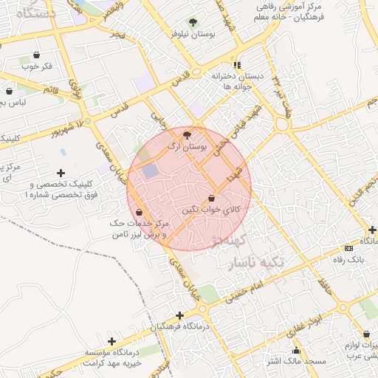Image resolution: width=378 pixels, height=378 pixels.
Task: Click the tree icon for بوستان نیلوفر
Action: click(x=193, y=23)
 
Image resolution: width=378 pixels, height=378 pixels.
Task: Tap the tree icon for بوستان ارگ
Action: click(x=186, y=135)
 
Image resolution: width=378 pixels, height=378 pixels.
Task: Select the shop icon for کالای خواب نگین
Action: click(x=213, y=198)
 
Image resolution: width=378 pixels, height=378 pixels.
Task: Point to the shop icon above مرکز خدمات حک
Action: click(x=139, y=213)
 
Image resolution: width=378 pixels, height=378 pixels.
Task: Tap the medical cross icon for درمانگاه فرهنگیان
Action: click(x=180, y=315)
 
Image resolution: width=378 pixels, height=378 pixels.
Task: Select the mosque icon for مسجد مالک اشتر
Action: click(x=297, y=350)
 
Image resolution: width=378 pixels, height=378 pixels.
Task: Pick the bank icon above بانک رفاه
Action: click(x=349, y=249)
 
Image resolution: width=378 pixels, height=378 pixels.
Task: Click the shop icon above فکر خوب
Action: click(x=36, y=55)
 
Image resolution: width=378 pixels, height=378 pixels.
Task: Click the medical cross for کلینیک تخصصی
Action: click(x=61, y=173)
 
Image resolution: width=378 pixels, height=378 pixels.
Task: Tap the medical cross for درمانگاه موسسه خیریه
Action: click(x=111, y=341)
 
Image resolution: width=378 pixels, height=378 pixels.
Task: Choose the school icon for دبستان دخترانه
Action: click(x=236, y=65)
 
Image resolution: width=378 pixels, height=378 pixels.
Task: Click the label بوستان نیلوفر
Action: click(x=193, y=34)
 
